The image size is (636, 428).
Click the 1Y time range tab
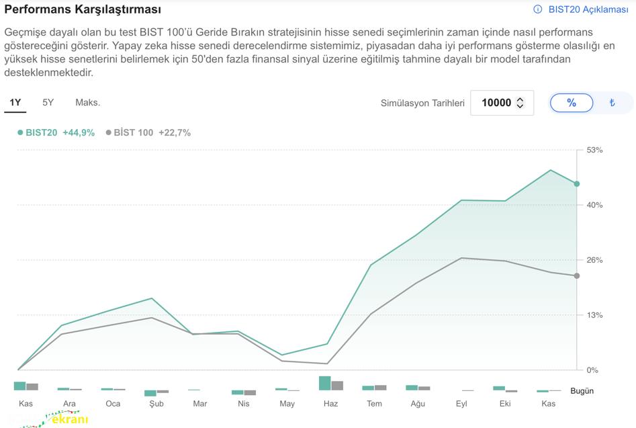point(15,103)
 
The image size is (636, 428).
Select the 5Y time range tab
point(48,103)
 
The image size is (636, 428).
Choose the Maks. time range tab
point(87,103)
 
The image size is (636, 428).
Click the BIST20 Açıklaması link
point(588,9)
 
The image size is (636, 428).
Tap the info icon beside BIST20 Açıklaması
point(537,9)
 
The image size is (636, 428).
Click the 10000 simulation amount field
point(496,103)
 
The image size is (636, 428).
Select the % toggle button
point(572,103)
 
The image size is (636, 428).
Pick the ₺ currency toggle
point(612,103)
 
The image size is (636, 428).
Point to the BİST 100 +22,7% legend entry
point(148,132)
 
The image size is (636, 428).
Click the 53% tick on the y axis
point(594,150)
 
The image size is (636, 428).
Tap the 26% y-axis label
point(594,260)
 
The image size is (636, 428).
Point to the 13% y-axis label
point(594,315)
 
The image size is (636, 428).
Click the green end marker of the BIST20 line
point(576,183)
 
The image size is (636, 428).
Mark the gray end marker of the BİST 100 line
point(576,275)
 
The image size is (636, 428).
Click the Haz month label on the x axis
point(330,404)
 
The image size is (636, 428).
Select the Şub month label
point(156,404)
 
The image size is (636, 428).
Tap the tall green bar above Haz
point(325,383)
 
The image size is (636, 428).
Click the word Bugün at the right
point(582,390)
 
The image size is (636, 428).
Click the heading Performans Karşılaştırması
point(83,9)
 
